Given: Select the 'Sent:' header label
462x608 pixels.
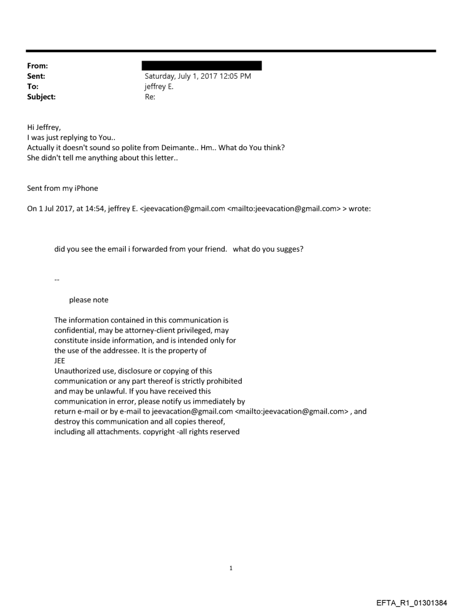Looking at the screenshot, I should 36,76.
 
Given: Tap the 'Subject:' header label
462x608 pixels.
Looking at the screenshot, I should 41,97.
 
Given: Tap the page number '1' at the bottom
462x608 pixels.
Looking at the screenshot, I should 231,552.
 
